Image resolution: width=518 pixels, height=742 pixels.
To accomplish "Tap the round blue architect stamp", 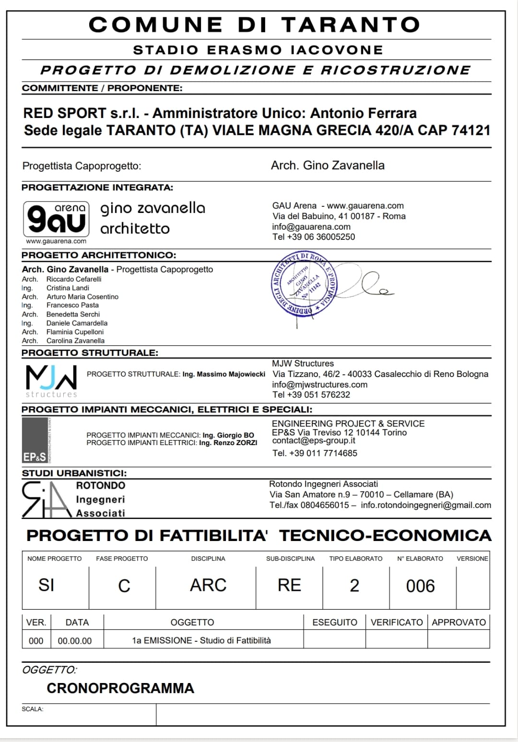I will click(304, 284).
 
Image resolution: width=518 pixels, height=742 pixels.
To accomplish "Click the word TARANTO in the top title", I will click(351, 25).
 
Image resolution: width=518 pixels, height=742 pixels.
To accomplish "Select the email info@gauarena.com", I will click(311, 226).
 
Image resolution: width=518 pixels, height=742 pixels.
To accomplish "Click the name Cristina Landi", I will click(68, 288).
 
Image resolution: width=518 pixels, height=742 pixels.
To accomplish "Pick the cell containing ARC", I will click(208, 586).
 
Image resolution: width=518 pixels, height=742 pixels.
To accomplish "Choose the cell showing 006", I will click(420, 586).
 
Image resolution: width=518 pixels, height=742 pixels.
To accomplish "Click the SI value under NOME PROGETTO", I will click(47, 586).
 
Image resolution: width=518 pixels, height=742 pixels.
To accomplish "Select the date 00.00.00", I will click(75, 641).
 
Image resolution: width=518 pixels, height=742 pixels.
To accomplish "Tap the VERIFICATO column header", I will click(397, 622).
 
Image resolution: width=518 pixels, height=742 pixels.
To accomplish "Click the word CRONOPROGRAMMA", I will click(120, 688).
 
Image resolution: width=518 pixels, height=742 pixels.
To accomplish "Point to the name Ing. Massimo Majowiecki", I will click(224, 374).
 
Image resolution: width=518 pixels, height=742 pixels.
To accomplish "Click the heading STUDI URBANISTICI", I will click(74, 473).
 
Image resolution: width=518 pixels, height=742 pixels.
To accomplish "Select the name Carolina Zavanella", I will click(75, 341).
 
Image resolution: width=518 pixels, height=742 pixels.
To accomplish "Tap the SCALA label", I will click(33, 709).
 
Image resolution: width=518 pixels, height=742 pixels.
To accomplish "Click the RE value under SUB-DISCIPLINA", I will click(289, 586).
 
